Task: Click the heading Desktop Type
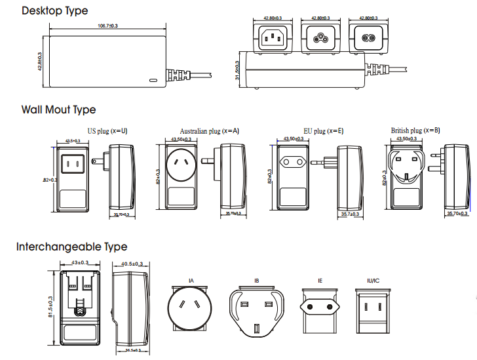[54, 11]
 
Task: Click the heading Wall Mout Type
[58, 110]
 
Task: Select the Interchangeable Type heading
[71, 247]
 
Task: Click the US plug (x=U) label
[107, 131]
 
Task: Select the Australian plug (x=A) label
[210, 131]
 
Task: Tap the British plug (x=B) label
[415, 131]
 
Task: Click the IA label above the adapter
[191, 281]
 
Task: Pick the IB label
[256, 281]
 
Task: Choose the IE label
[320, 281]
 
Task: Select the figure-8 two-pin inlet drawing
[368, 39]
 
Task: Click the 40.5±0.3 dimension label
[134, 264]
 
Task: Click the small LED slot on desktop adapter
[154, 80]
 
